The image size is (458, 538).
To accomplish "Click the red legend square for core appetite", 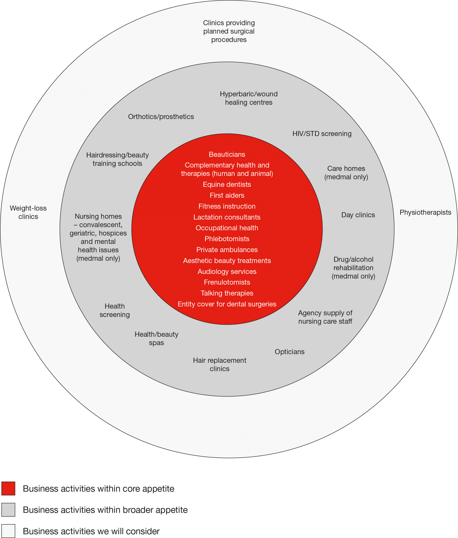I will pos(8,488).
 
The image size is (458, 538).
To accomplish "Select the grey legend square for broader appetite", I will pos(8,510).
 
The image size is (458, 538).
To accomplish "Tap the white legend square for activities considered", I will pos(8,531).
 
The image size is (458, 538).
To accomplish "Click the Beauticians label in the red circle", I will pos(227,154).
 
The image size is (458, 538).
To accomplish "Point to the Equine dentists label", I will pos(227,184).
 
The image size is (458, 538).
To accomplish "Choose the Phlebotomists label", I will pos(227,239).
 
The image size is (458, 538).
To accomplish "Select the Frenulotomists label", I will pos(227,282).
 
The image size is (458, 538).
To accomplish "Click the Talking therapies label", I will pos(227,293).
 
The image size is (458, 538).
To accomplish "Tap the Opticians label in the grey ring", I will pos(289,352).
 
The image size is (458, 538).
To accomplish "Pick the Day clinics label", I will pos(358,215).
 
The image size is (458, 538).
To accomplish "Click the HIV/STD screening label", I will pos(322,133).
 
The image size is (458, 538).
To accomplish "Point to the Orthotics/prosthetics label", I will pos(161,116).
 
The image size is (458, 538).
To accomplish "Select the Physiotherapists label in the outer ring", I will pos(425,212).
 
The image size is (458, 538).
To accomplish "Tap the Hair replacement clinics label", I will pos(219,364).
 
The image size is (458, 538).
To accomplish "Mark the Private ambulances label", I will pos(227,249).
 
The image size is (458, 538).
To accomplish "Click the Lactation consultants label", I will pos(227,217).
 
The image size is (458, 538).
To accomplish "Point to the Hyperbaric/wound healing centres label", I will pos(249,98).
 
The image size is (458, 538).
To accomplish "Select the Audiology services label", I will pos(227,271).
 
